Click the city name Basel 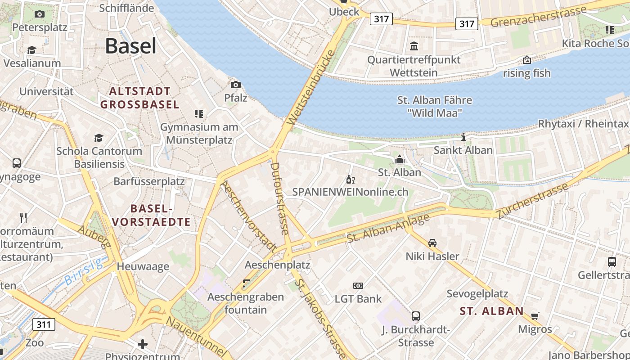130,46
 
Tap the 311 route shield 44,324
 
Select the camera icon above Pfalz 235,85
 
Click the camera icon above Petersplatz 40,14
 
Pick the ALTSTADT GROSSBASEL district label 139,98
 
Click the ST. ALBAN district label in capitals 492,310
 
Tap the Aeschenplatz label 277,265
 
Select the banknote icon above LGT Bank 358,285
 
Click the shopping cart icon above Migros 535,315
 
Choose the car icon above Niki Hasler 432,243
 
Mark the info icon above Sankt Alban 463,137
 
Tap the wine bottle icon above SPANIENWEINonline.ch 350,180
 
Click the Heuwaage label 143,266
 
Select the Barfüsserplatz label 149,181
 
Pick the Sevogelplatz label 477,294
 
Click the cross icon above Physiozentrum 143,345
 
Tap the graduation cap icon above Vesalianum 31,50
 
